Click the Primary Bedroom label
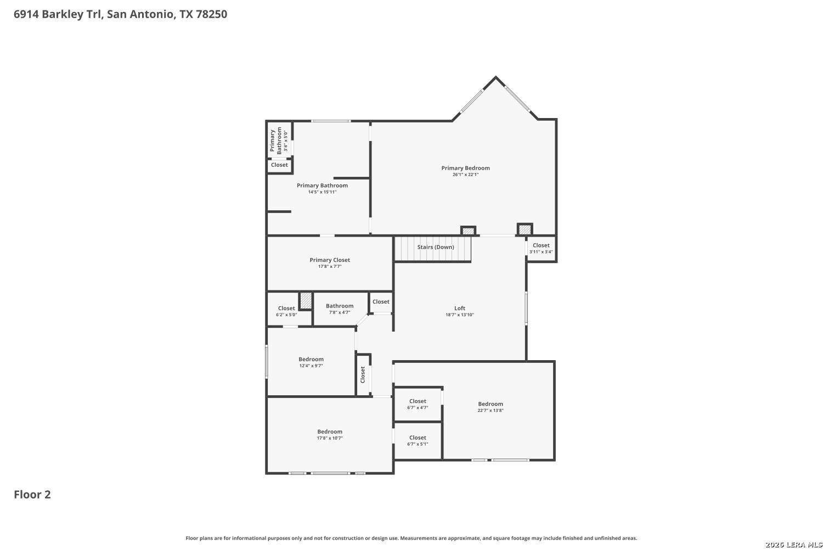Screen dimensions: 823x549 click(x=465, y=168)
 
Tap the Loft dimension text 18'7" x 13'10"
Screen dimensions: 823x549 click(x=460, y=315)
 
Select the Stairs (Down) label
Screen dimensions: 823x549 click(x=436, y=247)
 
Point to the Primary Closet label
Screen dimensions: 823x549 click(x=330, y=260)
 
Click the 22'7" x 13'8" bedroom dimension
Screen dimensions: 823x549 click(x=491, y=410)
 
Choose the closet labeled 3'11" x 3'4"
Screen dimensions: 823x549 click(x=541, y=248)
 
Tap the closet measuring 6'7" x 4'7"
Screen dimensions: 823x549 click(x=418, y=404)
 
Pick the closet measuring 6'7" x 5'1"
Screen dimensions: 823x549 click(x=418, y=440)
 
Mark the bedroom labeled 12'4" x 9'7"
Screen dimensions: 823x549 click(x=311, y=362)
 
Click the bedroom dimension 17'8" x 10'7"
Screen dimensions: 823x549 click(x=330, y=438)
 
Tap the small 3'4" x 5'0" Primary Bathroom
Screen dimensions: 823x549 click(x=279, y=141)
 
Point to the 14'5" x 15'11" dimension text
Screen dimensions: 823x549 click(x=322, y=192)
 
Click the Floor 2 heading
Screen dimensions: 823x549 click(x=32, y=495)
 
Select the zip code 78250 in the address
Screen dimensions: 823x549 click(x=211, y=14)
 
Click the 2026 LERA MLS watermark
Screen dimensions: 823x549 click(x=793, y=545)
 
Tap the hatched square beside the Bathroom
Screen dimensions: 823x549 click(x=306, y=300)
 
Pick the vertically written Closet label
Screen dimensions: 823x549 click(x=363, y=374)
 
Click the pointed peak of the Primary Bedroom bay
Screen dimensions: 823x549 click(x=495, y=77)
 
